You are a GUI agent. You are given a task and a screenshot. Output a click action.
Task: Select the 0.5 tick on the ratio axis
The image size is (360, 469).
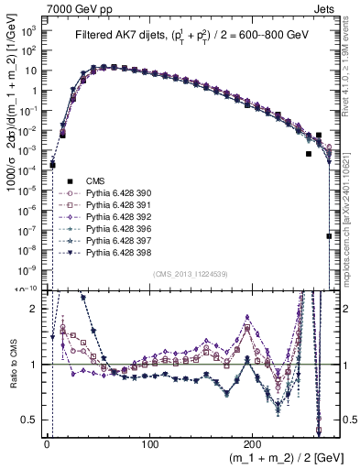33,420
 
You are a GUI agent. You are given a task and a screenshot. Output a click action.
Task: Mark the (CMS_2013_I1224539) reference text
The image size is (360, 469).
189,273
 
